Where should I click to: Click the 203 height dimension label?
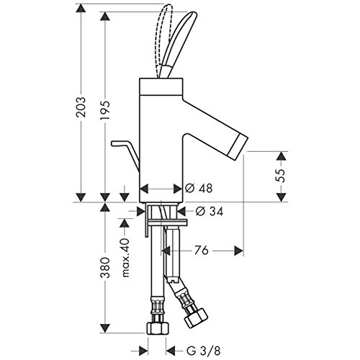pos(81,107)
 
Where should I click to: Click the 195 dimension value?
pos(105,110)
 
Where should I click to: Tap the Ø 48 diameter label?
pos(199,188)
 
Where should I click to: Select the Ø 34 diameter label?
pos(210,211)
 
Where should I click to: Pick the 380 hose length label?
pos(105,268)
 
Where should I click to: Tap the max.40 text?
pos(125,258)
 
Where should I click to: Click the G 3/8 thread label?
pos(203,351)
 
